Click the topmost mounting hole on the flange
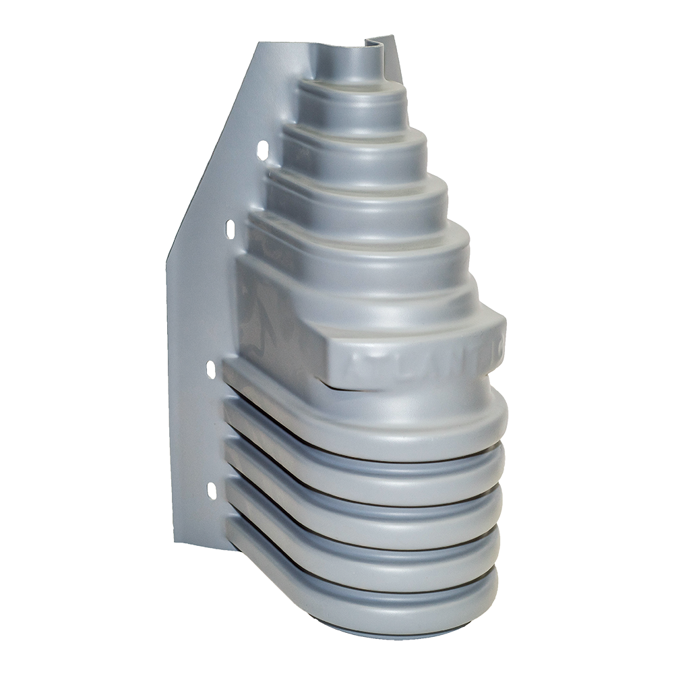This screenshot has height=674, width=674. [263, 149]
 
